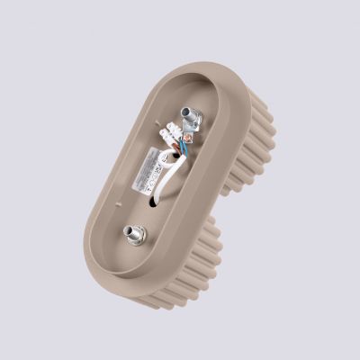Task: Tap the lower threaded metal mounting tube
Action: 135,235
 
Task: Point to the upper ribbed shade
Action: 256,135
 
